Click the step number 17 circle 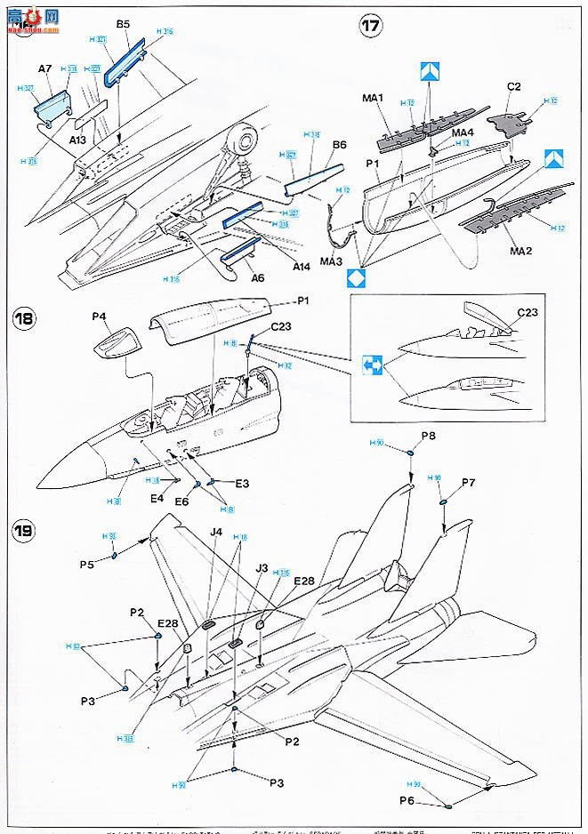pyautogui.click(x=370, y=26)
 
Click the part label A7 pyautogui.click(x=45, y=68)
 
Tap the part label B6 pyautogui.click(x=338, y=144)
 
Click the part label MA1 pyautogui.click(x=372, y=97)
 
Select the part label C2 pyautogui.click(x=513, y=86)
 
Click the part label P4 pyautogui.click(x=98, y=316)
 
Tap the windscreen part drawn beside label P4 pyautogui.click(x=117, y=341)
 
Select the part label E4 pyautogui.click(x=157, y=498)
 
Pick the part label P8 pyautogui.click(x=428, y=436)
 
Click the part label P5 pyautogui.click(x=87, y=564)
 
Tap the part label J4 pyautogui.click(x=215, y=533)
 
